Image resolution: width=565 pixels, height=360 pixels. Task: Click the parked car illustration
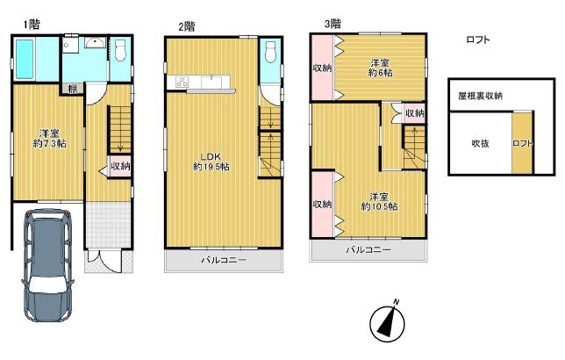coord(48,265)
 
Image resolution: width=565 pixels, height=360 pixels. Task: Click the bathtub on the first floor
coord(25,59)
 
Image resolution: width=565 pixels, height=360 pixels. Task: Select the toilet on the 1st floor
coord(120,51)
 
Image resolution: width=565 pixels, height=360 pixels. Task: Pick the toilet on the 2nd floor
coord(270,53)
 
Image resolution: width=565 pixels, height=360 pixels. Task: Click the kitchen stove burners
coord(182,82)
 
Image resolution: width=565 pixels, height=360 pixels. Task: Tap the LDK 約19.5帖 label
coord(211,162)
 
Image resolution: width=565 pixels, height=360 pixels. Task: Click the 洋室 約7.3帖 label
coord(50,139)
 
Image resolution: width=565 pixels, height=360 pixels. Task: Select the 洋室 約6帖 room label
coord(380,68)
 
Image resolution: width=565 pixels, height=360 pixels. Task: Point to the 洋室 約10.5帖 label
coord(379,202)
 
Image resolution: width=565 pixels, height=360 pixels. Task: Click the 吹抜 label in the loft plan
coord(480,143)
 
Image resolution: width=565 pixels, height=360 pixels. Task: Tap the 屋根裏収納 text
coord(480,96)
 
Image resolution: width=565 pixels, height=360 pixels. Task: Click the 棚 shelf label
coord(73,89)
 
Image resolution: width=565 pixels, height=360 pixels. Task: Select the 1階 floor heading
coord(32,25)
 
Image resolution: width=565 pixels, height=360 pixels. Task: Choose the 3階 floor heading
coord(333,24)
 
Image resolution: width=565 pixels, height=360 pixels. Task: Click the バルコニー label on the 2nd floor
coord(224,260)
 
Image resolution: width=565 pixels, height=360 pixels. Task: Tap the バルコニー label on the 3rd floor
coord(368,249)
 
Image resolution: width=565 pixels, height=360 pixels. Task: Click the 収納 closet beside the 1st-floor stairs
coord(120,166)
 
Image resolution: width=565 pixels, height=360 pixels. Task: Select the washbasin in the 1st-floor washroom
coord(95,42)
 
